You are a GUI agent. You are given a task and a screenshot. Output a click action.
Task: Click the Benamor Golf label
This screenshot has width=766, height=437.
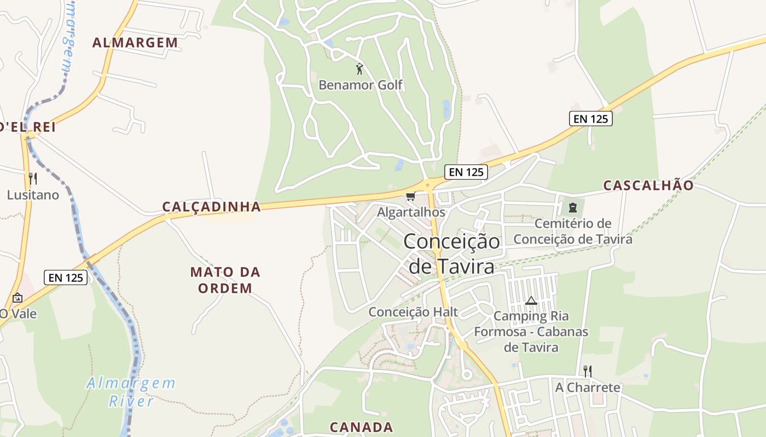click(361, 85)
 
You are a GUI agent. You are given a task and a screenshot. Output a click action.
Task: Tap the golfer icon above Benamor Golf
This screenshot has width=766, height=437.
click(359, 69)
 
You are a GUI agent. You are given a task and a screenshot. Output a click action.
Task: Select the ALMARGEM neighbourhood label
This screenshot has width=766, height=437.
click(135, 43)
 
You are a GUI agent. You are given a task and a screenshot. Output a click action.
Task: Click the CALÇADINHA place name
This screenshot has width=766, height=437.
click(211, 206)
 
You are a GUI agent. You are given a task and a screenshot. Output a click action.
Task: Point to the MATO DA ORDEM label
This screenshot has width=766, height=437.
click(225, 280)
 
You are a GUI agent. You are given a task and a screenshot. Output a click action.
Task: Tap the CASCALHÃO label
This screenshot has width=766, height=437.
click(648, 185)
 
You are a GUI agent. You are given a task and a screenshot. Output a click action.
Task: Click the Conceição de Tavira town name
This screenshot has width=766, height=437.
click(452, 254)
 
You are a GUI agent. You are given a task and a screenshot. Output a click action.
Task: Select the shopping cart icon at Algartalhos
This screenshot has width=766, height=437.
click(411, 197)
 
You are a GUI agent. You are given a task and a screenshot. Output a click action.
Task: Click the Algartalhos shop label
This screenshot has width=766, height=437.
click(411, 212)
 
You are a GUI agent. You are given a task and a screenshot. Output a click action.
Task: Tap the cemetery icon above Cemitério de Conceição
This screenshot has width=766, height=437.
click(573, 208)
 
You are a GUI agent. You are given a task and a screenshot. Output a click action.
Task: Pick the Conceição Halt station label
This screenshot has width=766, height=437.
click(413, 312)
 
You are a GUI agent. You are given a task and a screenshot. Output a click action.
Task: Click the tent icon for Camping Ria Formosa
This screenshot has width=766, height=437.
click(531, 301)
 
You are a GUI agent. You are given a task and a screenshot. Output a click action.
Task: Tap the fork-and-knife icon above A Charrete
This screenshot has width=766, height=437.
click(588, 371)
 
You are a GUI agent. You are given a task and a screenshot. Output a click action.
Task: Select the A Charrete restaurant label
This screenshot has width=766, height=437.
click(588, 387)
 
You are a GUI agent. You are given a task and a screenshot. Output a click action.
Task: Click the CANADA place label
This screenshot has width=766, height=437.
click(361, 427)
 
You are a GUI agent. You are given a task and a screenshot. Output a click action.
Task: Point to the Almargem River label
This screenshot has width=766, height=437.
click(131, 392)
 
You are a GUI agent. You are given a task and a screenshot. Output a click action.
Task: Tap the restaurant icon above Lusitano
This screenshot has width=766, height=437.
click(33, 179)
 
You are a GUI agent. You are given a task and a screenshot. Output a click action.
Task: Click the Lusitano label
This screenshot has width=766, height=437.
click(33, 194)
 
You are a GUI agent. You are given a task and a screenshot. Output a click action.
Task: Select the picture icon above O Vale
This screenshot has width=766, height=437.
click(18, 298)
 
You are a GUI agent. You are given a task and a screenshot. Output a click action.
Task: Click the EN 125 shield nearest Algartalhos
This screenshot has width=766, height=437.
click(466, 172)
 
